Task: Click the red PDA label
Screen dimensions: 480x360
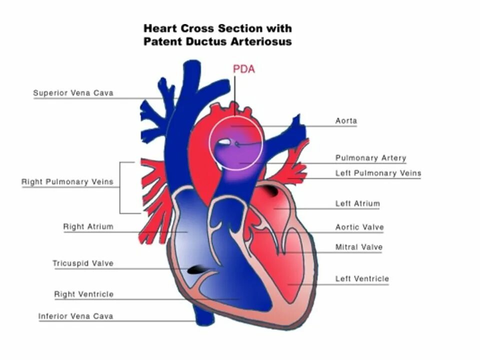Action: [x=244, y=69]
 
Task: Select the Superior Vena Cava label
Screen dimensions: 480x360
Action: [x=73, y=93]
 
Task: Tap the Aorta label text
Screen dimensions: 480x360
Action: [x=346, y=121]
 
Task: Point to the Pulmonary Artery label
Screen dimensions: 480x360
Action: [x=370, y=158]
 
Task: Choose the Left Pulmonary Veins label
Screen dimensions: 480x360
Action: [x=378, y=173]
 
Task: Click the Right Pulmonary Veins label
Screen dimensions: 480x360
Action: [x=67, y=182]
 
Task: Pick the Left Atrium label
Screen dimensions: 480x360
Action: [x=357, y=203]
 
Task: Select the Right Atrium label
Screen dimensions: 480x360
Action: [x=88, y=226]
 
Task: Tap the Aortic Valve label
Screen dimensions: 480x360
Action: [x=359, y=227]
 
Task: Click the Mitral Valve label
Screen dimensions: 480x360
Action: [x=358, y=247]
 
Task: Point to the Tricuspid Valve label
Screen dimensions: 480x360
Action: [x=83, y=263]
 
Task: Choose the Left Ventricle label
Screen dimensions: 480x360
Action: [x=362, y=279]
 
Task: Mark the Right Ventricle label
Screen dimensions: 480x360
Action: [x=83, y=294]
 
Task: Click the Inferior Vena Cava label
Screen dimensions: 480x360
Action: [x=75, y=316]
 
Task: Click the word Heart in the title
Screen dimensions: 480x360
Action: [x=160, y=28]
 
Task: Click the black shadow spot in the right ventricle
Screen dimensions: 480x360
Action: [x=197, y=270]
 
